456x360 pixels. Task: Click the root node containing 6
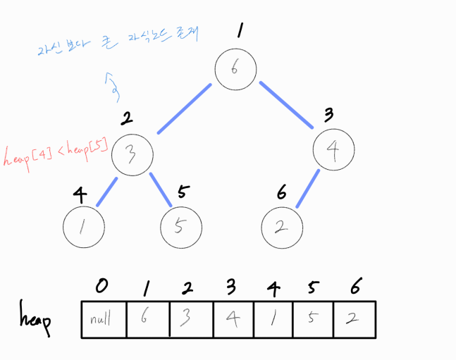pyautogui.click(x=236, y=68)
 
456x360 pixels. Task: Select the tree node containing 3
pyautogui.click(x=131, y=152)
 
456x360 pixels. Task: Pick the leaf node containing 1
pyautogui.click(x=84, y=227)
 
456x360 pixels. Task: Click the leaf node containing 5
pyautogui.click(x=181, y=226)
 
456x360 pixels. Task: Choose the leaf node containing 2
pyautogui.click(x=282, y=227)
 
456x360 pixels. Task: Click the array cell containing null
pyautogui.click(x=102, y=321)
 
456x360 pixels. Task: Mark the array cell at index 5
pyautogui.click(x=312, y=321)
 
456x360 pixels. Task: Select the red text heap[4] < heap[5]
pyautogui.click(x=55, y=155)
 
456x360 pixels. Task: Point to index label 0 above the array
pyautogui.click(x=104, y=286)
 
